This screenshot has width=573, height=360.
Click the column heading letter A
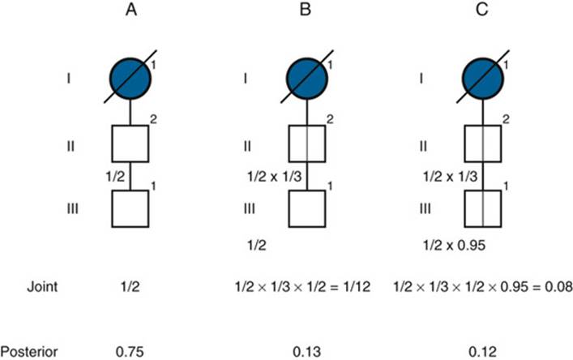(x=131, y=9)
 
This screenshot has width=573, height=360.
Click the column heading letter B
(x=306, y=9)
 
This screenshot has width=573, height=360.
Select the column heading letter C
(x=482, y=9)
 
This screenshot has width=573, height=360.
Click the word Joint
(x=42, y=286)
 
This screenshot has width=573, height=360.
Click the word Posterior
(x=29, y=352)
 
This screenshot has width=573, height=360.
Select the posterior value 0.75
(x=130, y=352)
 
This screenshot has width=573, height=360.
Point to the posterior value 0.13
(x=307, y=352)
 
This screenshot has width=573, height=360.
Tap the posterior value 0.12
(x=483, y=352)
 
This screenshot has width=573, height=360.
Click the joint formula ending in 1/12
(x=302, y=286)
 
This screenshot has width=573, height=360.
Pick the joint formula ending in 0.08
(x=483, y=286)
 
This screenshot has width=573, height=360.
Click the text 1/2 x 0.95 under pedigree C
(x=454, y=245)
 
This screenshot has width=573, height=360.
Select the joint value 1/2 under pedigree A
(x=130, y=286)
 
